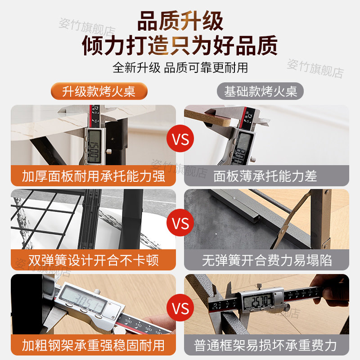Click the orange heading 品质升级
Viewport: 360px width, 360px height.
pos(180,21)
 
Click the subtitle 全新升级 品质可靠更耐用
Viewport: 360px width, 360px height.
pos(180,67)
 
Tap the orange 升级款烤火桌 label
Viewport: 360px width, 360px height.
pos(99,91)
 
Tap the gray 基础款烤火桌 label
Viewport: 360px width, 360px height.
pos(261,91)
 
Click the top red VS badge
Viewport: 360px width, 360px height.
pos(180,139)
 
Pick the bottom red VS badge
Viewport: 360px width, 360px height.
pos(180,309)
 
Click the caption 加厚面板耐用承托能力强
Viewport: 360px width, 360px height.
pos(94,175)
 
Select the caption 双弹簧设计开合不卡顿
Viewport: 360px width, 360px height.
pos(94,260)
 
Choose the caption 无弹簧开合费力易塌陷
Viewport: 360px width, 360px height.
pos(266,260)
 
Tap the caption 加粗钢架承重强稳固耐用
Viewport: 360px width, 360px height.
pos(94,345)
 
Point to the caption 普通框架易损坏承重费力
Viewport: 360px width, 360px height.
pos(266,345)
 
